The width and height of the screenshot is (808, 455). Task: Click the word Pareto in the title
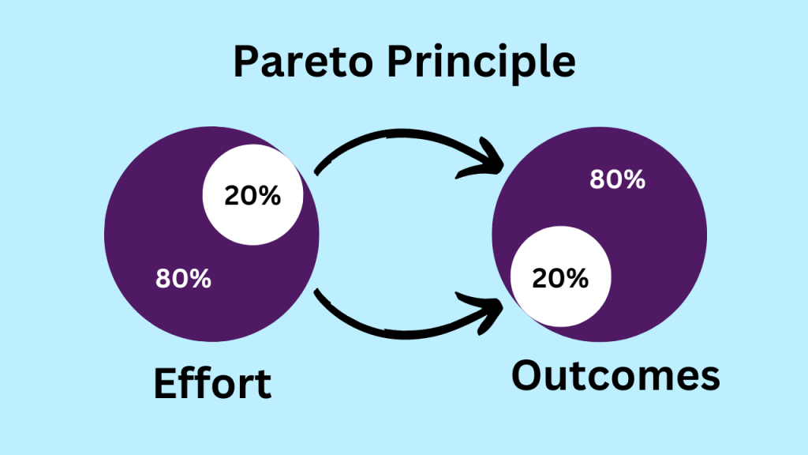pos(303,61)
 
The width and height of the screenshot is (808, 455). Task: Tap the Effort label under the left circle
pos(212,383)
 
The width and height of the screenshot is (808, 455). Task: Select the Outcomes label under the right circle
pos(615,375)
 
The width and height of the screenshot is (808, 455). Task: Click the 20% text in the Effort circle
pos(252,196)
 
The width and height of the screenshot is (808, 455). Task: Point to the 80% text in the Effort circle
pos(183,279)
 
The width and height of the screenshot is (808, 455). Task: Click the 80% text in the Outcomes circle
pos(617,179)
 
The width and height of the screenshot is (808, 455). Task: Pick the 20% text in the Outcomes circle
pos(560,279)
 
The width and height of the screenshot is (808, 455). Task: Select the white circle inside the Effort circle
pos(252,194)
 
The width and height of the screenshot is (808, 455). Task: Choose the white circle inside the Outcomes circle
pos(561,276)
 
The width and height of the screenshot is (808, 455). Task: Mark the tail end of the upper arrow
pos(316,173)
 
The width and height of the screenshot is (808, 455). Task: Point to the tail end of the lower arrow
pos(316,292)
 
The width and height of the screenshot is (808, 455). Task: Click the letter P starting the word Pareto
pos(245,62)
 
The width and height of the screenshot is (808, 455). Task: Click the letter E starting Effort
pos(165,383)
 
